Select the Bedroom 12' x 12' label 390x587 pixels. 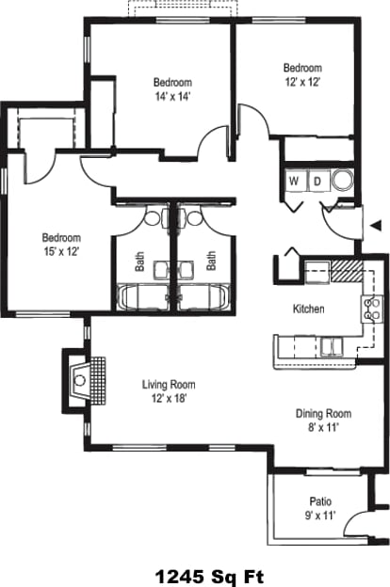pyautogui.click(x=302, y=75)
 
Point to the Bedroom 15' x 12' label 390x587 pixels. pyautogui.click(x=60, y=245)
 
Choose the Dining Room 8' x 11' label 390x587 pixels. pyautogui.click(x=323, y=419)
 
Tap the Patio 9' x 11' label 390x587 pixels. pyautogui.click(x=320, y=508)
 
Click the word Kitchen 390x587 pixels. pyautogui.click(x=308, y=309)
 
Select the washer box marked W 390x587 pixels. pyautogui.click(x=294, y=180)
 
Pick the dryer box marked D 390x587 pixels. pyautogui.click(x=317, y=180)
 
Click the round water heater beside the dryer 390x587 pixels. pyautogui.click(x=341, y=180)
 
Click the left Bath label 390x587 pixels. pyautogui.click(x=138, y=260)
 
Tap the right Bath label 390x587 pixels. pyautogui.click(x=211, y=260)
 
